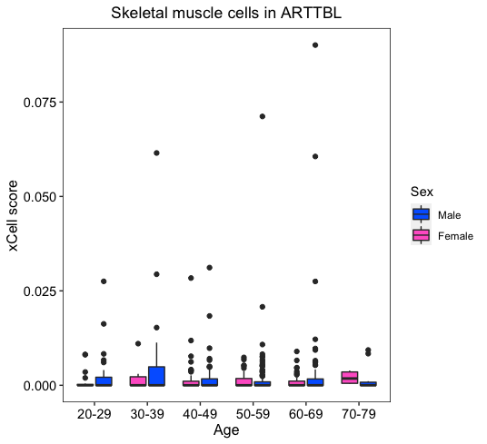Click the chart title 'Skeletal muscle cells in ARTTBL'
click(x=226, y=13)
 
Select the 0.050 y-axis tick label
click(x=40, y=197)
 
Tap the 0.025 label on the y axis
click(x=40, y=291)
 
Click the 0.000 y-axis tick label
click(x=40, y=386)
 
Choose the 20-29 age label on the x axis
click(x=94, y=414)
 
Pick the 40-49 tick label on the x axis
click(x=200, y=414)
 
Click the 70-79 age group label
click(x=359, y=414)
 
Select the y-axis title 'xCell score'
click(x=13, y=216)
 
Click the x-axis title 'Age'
click(x=226, y=430)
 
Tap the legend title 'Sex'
click(x=422, y=192)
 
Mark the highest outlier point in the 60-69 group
click(x=315, y=45)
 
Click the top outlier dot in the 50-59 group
click(x=263, y=116)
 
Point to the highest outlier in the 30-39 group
click(x=156, y=153)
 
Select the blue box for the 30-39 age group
click(x=156, y=376)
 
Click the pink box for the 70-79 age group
click(x=350, y=378)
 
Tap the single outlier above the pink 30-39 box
click(x=138, y=343)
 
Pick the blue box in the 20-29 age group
click(x=104, y=381)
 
